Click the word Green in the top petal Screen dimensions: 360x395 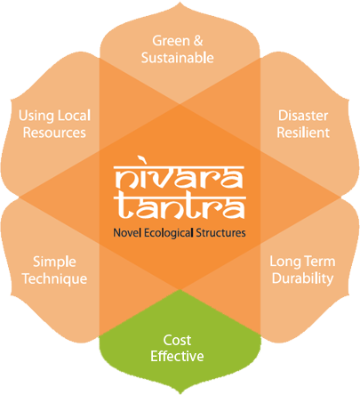click(x=171, y=41)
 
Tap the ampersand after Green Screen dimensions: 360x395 click(x=198, y=41)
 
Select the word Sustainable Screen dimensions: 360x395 click(x=178, y=58)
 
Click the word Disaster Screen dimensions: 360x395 click(x=303, y=116)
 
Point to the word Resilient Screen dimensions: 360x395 click(x=303, y=133)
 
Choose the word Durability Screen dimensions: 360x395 click(x=302, y=279)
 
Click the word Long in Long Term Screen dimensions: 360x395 click(x=284, y=262)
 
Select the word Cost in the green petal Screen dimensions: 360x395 click(x=177, y=340)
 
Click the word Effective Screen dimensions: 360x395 click(x=177, y=356)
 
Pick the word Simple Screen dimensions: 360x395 click(x=54, y=262)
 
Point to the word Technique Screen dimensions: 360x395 click(x=55, y=279)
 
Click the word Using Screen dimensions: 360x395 click(x=36, y=116)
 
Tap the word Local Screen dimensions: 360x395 click(x=74, y=116)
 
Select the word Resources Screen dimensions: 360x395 click(x=54, y=133)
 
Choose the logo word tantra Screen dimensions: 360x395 click(x=180, y=207)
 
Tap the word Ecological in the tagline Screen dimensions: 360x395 click(x=169, y=233)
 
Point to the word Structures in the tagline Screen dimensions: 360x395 click(x=220, y=233)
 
